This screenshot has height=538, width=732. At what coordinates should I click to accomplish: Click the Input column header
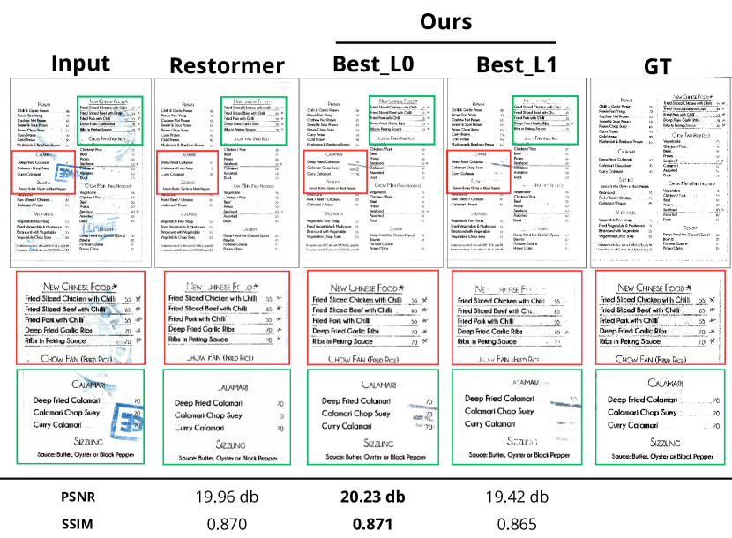point(80,64)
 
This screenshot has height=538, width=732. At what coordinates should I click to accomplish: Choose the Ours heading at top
point(445,22)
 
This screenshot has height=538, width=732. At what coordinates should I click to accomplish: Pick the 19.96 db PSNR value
point(223,497)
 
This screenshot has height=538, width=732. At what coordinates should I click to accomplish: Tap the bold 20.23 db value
point(370,497)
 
